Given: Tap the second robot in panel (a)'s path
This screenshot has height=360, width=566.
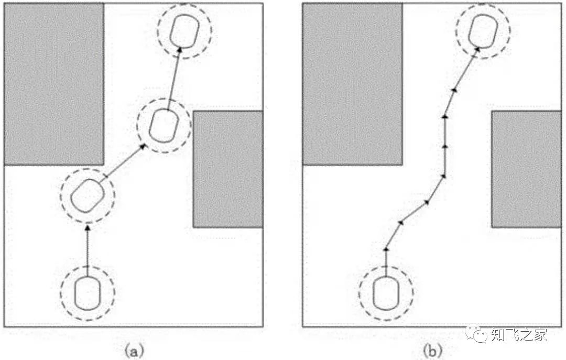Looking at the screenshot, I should pos(87,195).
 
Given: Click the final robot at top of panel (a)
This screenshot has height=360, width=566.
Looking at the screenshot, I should pos(184,31).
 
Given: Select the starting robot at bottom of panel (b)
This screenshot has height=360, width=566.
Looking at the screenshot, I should pos(386,292).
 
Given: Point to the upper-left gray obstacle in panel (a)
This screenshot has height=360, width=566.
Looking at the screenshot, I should pos(53,84).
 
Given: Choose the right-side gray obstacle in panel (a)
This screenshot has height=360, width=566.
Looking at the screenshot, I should pos(227,169).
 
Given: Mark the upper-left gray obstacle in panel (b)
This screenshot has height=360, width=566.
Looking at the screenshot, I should pos(352,84).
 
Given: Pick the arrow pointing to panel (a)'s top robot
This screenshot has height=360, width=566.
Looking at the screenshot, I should pos(173,76).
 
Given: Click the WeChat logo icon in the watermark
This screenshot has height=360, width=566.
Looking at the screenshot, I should pos(478,333).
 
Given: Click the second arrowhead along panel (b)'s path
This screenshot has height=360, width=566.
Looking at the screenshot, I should pos(401,222).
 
